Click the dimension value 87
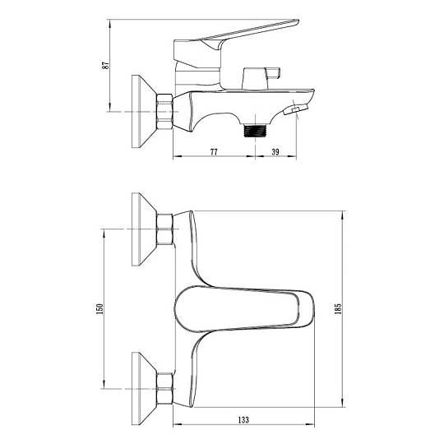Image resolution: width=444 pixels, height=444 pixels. click(105, 66)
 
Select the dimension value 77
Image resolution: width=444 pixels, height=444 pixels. click(214, 152)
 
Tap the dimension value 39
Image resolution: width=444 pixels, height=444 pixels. click(275, 152)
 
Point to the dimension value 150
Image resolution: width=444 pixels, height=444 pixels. click(99, 308)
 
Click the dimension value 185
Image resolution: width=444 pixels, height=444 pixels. click(338, 308)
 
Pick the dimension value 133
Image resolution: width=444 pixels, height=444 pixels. click(243, 419)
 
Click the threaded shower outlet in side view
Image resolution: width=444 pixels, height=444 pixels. click(256, 131)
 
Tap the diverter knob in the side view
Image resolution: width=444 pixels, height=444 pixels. click(261, 78)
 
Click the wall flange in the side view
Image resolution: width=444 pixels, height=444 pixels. click(144, 111)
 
